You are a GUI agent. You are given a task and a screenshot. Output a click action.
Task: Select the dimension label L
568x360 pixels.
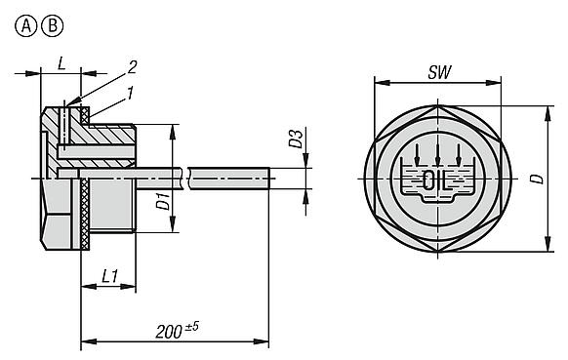pyautogui.click(x=61, y=62)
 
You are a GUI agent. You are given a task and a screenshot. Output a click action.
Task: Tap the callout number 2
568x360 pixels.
pyautogui.click(x=130, y=67)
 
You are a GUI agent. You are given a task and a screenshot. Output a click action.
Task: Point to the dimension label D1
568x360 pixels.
pyautogui.click(x=164, y=203)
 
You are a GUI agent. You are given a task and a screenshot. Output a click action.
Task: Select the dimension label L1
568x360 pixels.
pyautogui.click(x=111, y=278)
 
